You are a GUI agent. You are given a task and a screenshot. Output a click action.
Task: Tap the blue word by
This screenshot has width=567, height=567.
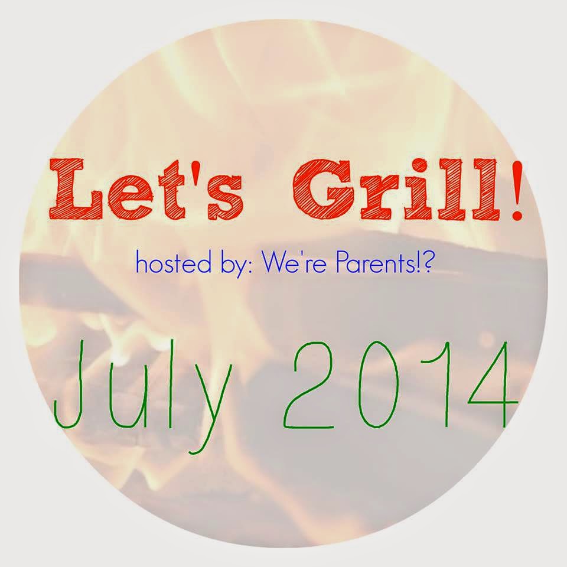(226, 266)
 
